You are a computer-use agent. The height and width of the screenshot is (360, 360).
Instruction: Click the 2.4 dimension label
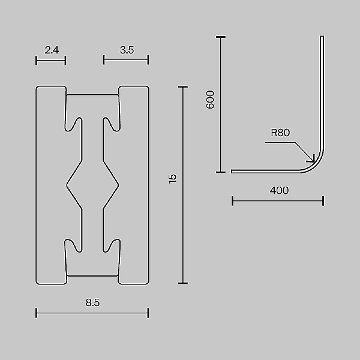(51, 50)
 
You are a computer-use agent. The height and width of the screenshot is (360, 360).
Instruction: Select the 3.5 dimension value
(126, 50)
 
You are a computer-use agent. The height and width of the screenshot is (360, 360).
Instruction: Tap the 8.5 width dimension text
(92, 303)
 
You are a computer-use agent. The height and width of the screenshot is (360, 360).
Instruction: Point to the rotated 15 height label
(173, 178)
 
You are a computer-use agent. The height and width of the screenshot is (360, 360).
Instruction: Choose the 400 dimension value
(279, 191)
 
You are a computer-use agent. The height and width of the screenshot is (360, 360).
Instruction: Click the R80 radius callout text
(280, 133)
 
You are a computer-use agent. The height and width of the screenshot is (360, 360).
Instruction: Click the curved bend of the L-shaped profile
(316, 163)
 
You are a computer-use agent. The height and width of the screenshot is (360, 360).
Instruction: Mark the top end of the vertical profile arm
(322, 38)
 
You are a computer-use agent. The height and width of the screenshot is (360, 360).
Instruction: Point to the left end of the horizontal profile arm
(233, 172)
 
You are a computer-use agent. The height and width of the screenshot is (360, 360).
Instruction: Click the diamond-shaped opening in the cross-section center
(92, 183)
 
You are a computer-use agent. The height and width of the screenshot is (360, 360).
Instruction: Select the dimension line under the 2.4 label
(50, 59)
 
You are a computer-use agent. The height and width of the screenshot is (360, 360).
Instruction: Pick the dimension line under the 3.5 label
(126, 59)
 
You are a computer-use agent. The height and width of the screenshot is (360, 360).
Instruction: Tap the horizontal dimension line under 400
(278, 200)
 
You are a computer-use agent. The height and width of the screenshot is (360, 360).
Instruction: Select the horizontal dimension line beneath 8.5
(92, 312)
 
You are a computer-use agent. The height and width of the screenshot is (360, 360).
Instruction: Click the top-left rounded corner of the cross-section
(38, 88)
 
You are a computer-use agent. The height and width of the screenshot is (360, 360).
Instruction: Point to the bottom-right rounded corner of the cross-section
(146, 281)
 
